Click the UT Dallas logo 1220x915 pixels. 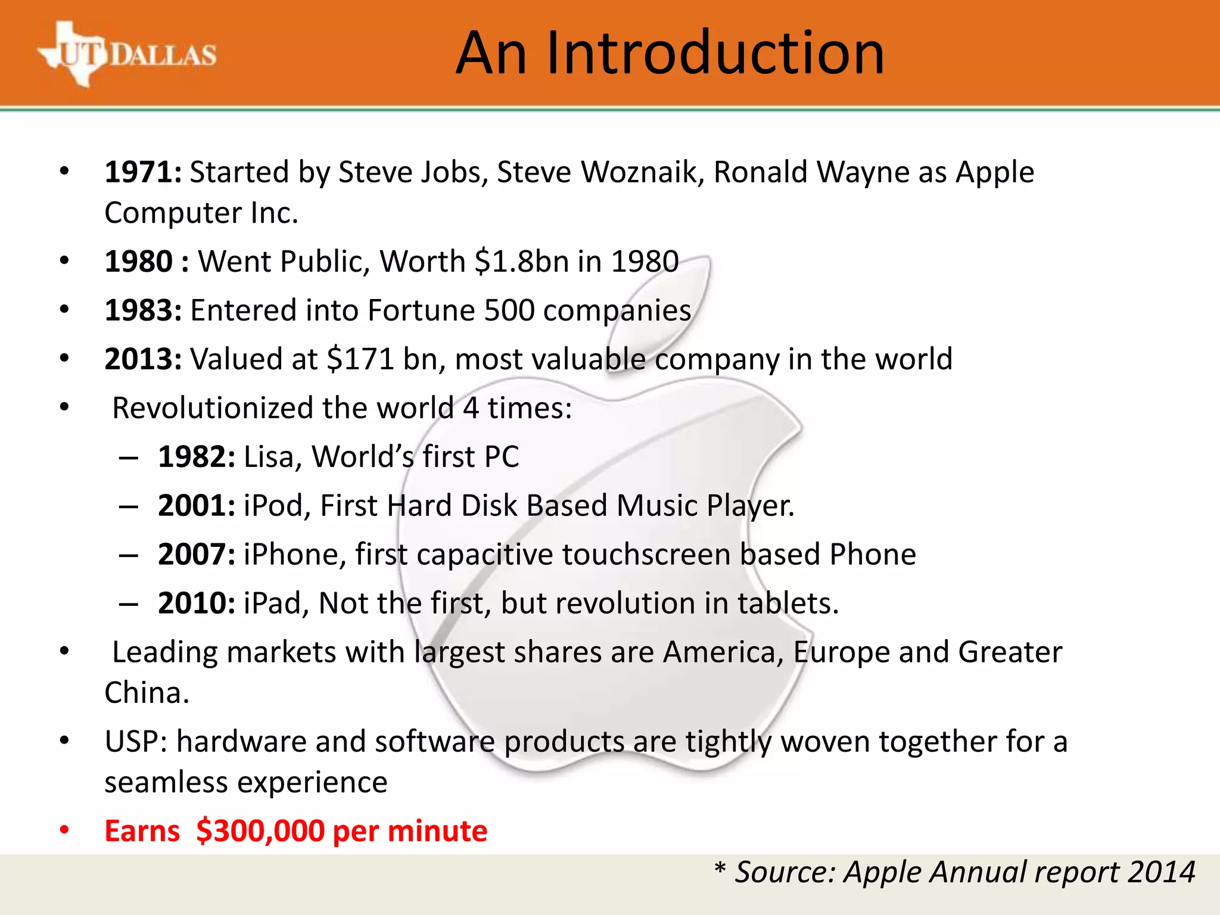point(126,55)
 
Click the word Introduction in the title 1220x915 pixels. point(715,54)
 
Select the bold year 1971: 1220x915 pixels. point(143,172)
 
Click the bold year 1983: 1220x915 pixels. point(143,310)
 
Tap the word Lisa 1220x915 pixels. point(269,457)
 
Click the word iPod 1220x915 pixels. point(273,506)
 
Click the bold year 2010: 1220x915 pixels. point(197,603)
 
